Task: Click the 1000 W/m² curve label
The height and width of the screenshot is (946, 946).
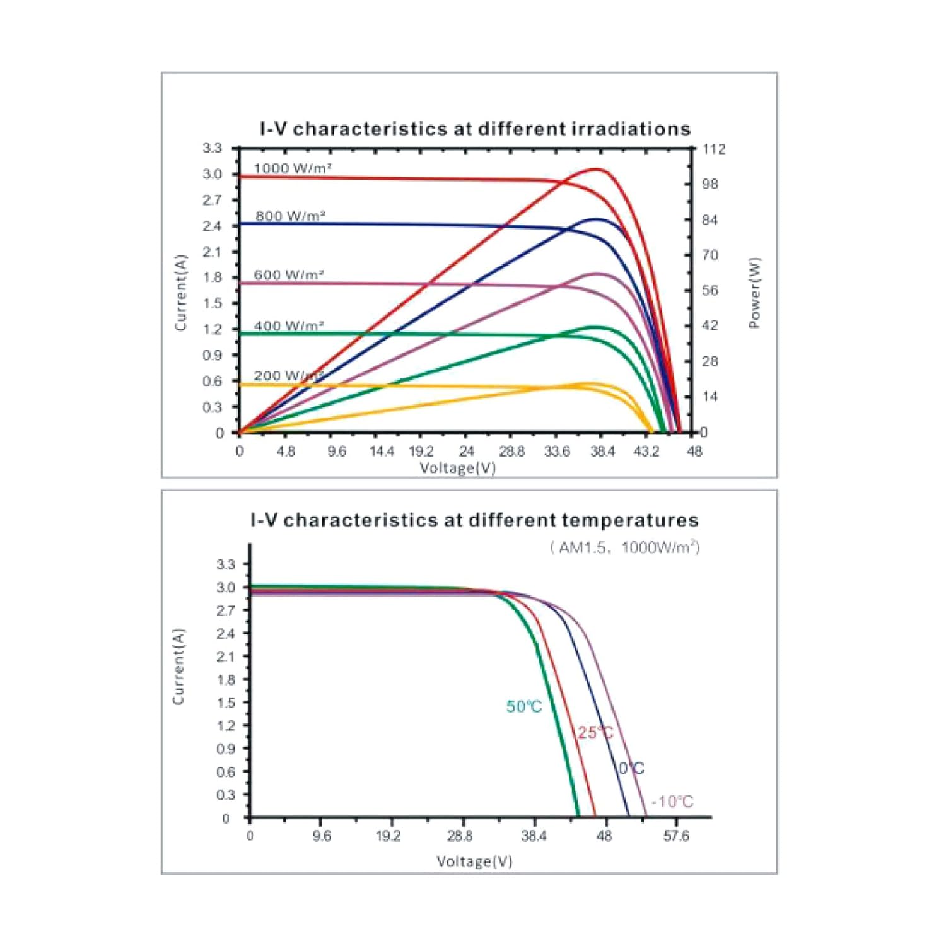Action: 293,168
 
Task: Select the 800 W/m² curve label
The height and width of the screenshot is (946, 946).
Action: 290,216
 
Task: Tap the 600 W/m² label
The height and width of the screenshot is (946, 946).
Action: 289,275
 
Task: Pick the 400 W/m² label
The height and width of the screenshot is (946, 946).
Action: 289,326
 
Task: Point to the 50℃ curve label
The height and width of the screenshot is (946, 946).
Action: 524,707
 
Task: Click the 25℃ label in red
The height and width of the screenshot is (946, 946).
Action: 595,732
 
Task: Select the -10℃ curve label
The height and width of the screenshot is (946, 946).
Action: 672,802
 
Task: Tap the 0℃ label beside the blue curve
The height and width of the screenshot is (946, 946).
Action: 631,768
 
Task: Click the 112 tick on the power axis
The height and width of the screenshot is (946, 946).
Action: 713,149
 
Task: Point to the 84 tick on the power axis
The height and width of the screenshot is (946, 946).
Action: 709,220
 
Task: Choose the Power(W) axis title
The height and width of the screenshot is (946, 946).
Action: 754,293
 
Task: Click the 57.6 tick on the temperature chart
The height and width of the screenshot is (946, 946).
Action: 676,836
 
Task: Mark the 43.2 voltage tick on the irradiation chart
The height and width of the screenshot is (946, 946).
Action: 646,452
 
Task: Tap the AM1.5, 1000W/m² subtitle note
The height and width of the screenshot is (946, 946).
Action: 625,547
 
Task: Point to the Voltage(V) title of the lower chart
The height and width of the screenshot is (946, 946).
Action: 474,861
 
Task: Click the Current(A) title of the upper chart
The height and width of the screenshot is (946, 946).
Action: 181,293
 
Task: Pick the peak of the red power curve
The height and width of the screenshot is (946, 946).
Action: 597,169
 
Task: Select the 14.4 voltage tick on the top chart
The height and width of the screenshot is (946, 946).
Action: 382,452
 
